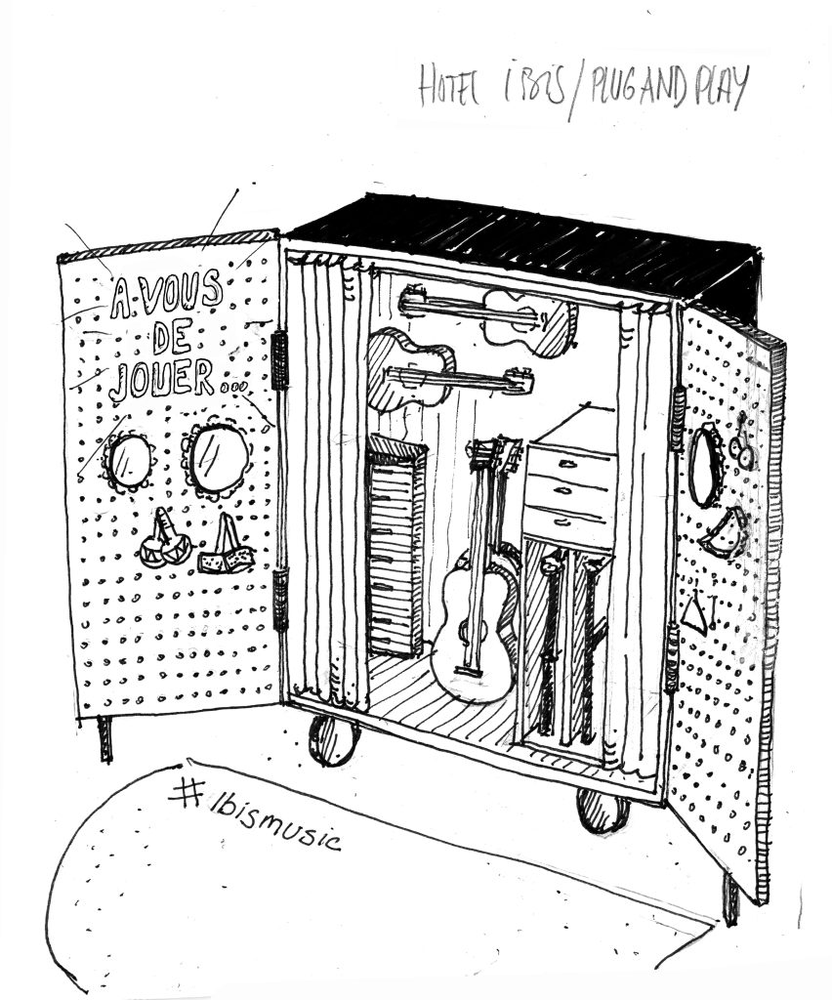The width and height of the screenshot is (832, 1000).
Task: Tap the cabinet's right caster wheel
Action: click(603, 810)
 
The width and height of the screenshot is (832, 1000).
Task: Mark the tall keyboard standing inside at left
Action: click(396, 547)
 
